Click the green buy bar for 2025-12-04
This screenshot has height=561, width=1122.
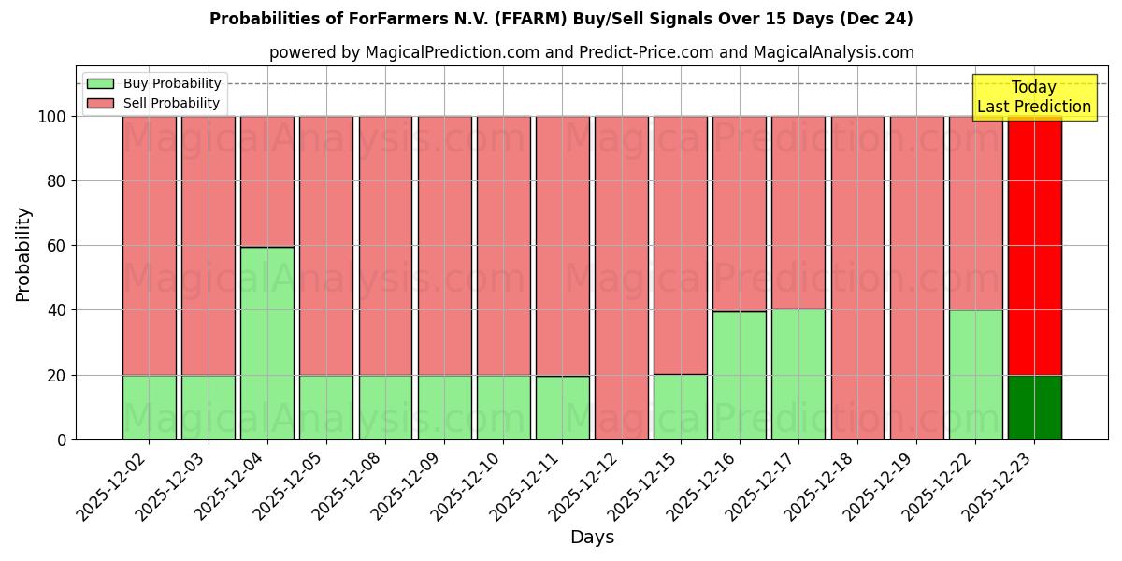(x=266, y=343)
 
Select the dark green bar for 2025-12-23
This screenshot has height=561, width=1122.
(x=1034, y=408)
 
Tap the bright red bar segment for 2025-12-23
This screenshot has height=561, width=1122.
(x=1034, y=245)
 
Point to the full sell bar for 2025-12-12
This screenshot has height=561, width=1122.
(x=621, y=278)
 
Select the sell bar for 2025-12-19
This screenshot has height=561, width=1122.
(x=916, y=278)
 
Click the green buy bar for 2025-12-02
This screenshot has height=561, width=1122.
(x=149, y=408)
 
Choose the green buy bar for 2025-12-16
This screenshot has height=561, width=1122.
(x=739, y=376)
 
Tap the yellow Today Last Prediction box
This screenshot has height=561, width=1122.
(x=1033, y=97)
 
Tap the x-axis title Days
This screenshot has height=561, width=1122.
(x=592, y=538)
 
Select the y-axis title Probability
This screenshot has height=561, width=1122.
(x=23, y=254)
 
